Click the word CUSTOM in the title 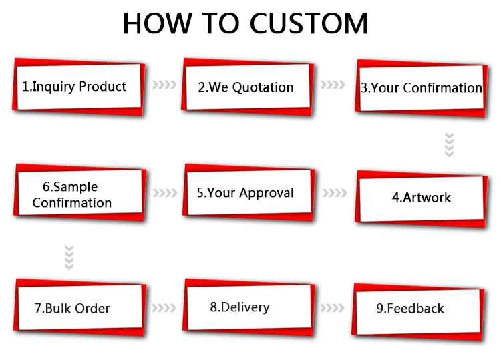(308, 23)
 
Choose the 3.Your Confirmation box (421, 87)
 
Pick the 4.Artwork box (421, 198)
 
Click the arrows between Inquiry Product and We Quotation (164, 85)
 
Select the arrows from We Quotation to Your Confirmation (333, 85)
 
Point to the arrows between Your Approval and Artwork (334, 193)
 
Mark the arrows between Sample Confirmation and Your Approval (164, 193)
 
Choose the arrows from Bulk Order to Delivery (164, 308)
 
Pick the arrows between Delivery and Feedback (333, 308)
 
